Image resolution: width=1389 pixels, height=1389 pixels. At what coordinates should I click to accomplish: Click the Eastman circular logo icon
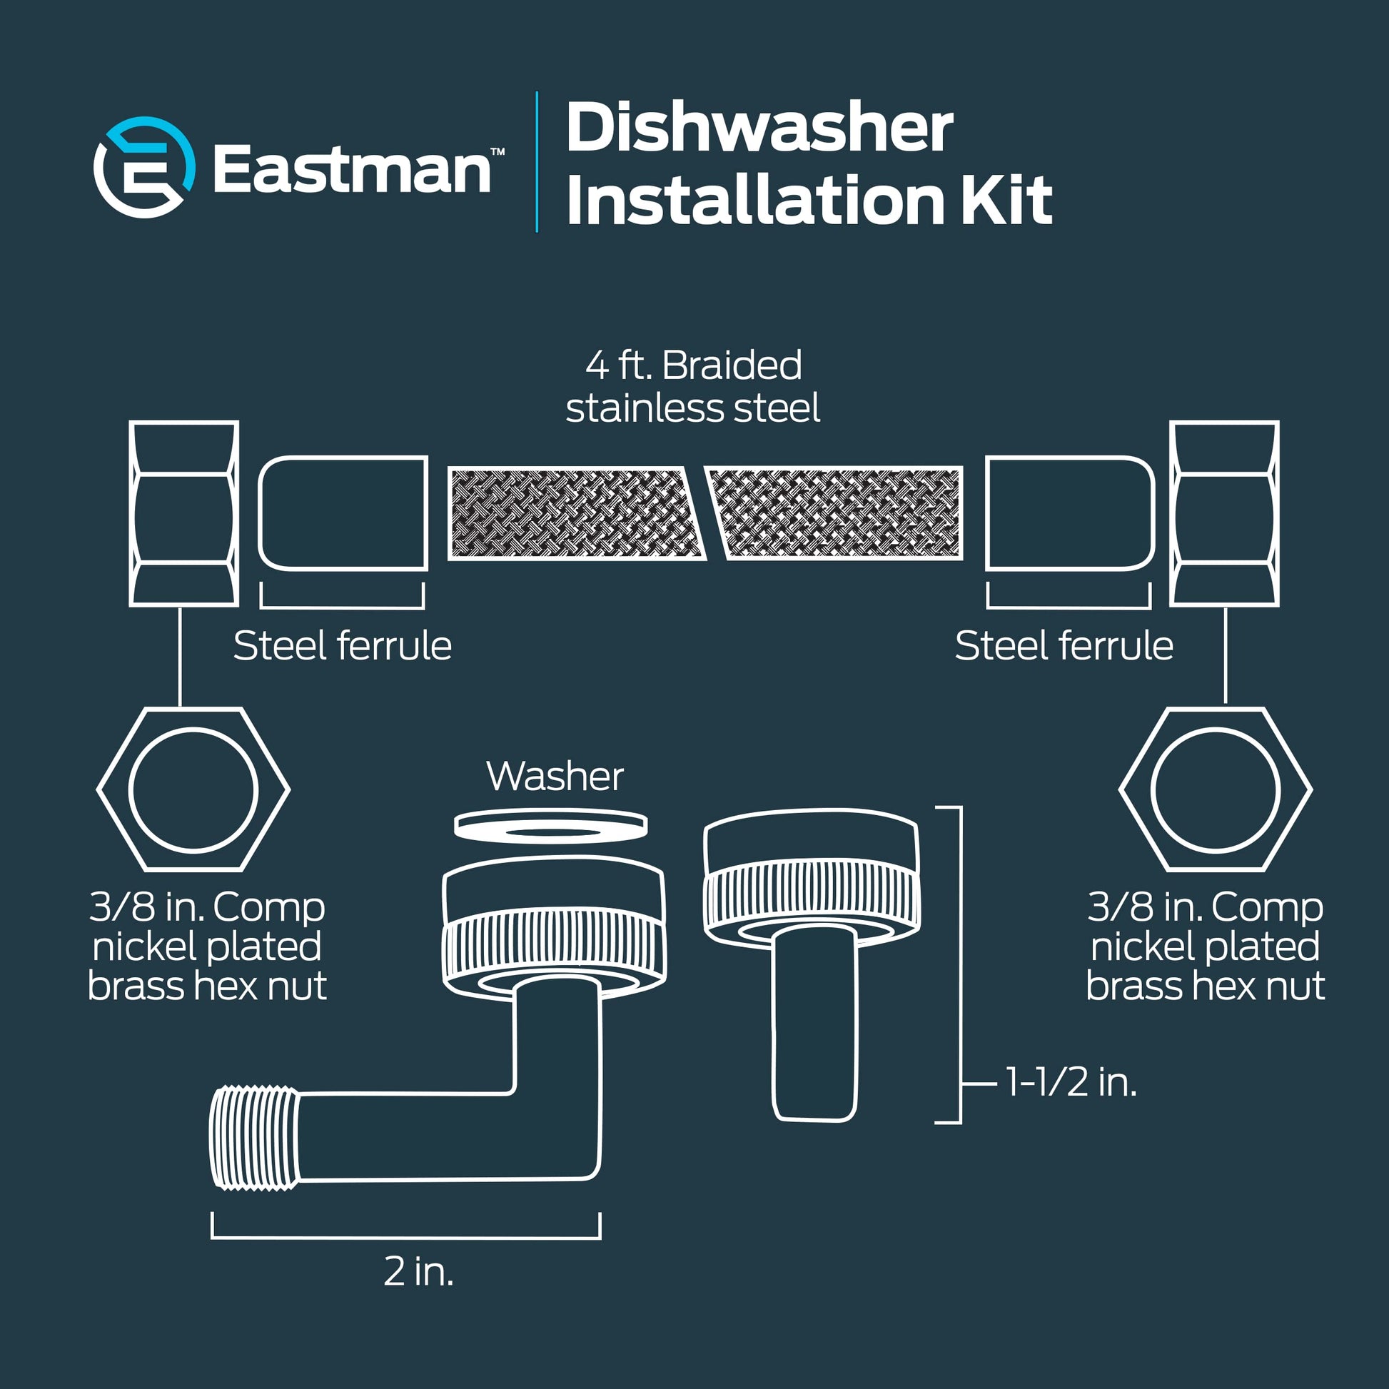tap(144, 168)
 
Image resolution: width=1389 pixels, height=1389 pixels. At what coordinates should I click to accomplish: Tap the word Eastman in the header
tap(353, 169)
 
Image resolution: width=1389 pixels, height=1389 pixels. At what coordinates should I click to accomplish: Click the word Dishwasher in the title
tap(759, 128)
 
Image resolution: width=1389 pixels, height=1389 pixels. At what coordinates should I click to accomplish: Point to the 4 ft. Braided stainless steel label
tap(693, 387)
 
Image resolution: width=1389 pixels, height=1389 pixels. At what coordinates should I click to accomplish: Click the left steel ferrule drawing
tap(343, 513)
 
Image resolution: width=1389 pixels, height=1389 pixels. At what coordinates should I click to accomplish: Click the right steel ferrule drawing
tap(1070, 513)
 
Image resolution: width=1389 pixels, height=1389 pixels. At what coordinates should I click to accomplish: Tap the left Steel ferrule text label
tap(342, 646)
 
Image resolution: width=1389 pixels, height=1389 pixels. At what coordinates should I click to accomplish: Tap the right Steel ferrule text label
tap(1064, 646)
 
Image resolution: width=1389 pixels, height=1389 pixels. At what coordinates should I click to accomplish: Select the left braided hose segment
tap(575, 513)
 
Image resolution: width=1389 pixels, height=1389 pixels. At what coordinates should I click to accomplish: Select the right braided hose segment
tap(834, 513)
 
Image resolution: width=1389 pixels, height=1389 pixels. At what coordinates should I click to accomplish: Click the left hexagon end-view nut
tap(193, 789)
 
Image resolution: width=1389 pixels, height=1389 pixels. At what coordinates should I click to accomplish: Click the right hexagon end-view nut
tap(1216, 789)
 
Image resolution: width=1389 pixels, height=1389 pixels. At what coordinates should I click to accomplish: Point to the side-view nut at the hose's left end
tap(184, 513)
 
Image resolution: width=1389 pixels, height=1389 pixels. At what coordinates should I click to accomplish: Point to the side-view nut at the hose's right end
tap(1224, 513)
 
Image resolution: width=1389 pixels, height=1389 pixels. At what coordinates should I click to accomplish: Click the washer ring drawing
tap(551, 826)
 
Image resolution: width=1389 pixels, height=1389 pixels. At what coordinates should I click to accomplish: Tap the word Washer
tap(555, 777)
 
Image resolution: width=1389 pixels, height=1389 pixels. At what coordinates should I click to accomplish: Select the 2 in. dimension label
tap(418, 1272)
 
